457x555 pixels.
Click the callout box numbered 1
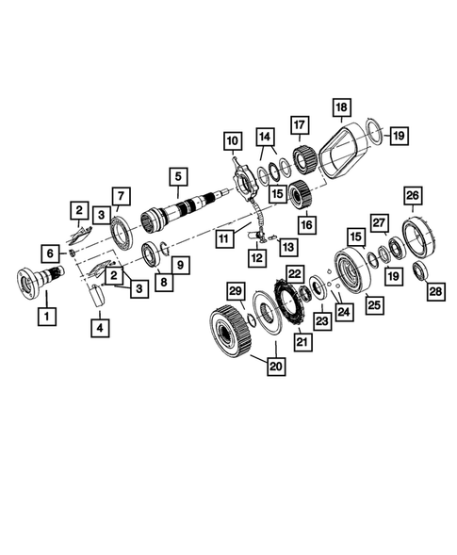coord(43,317)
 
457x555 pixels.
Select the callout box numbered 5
coord(176,176)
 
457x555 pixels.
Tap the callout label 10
coord(232,142)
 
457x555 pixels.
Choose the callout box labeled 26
coord(412,195)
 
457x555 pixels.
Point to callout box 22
coord(295,273)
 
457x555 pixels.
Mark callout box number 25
coord(374,304)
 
